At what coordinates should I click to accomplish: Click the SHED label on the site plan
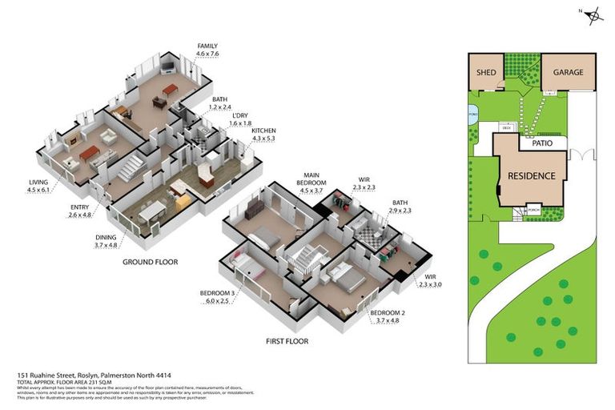486,73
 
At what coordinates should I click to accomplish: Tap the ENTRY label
78,207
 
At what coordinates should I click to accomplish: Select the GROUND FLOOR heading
150,262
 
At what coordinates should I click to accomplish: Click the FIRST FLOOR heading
287,340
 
